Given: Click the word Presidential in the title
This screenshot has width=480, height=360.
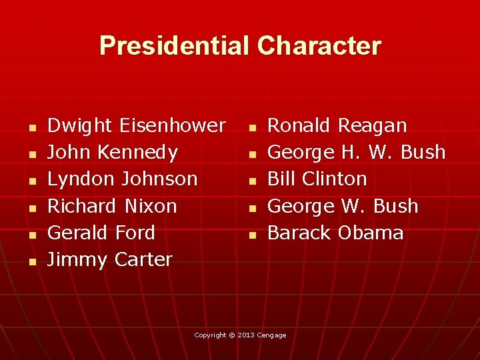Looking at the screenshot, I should point(175,46).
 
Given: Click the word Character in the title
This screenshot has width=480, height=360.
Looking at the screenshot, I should point(319,46).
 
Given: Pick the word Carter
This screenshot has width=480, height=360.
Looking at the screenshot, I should point(143,259).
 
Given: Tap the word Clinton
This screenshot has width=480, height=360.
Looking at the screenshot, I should point(335,179).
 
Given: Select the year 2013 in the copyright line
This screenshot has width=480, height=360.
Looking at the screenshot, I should point(246,335).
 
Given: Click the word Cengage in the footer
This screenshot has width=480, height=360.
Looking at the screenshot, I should point(272,335).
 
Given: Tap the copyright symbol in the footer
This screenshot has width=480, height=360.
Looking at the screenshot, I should point(231,335).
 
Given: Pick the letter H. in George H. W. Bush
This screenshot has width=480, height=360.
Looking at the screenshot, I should point(350,153).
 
